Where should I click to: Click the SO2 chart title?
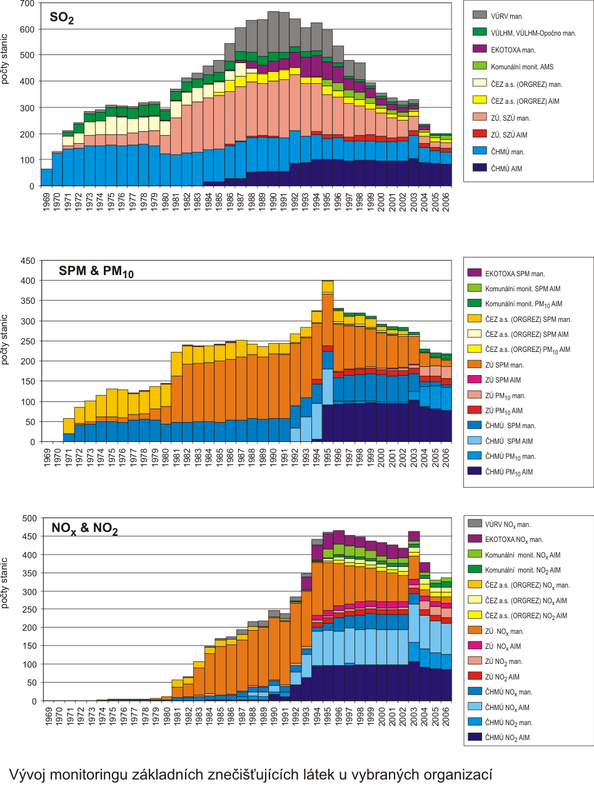62,19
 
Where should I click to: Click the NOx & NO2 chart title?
84,529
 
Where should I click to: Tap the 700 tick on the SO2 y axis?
26,4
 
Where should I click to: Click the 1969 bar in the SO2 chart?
46,178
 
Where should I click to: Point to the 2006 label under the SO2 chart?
446,200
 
